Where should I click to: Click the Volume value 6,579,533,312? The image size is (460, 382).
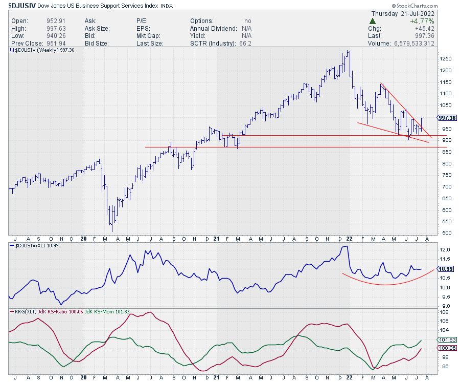421,44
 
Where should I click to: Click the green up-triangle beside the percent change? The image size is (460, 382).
373,22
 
